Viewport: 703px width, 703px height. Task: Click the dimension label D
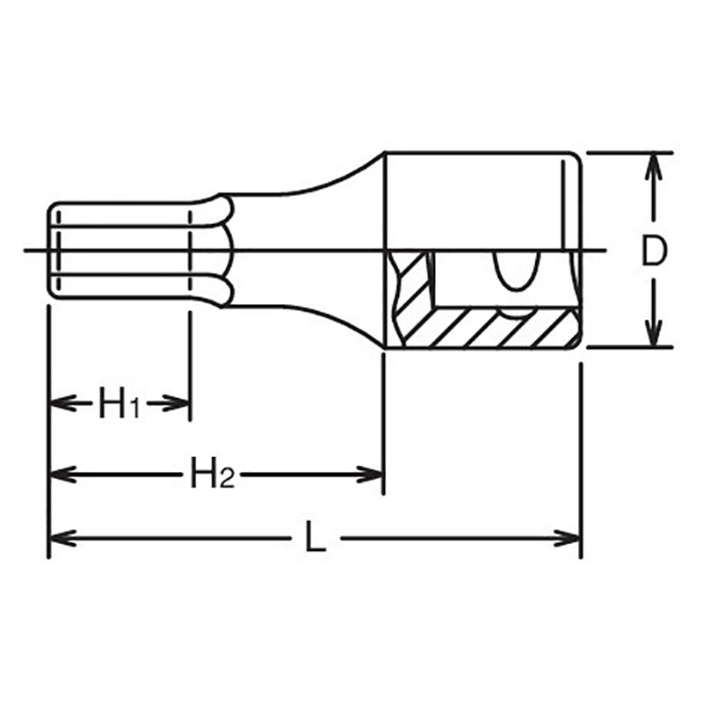click(652, 251)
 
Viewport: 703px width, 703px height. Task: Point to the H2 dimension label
click(212, 475)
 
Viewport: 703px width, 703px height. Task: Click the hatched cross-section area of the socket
click(492, 327)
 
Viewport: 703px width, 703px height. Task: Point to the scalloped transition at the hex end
click(225, 251)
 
